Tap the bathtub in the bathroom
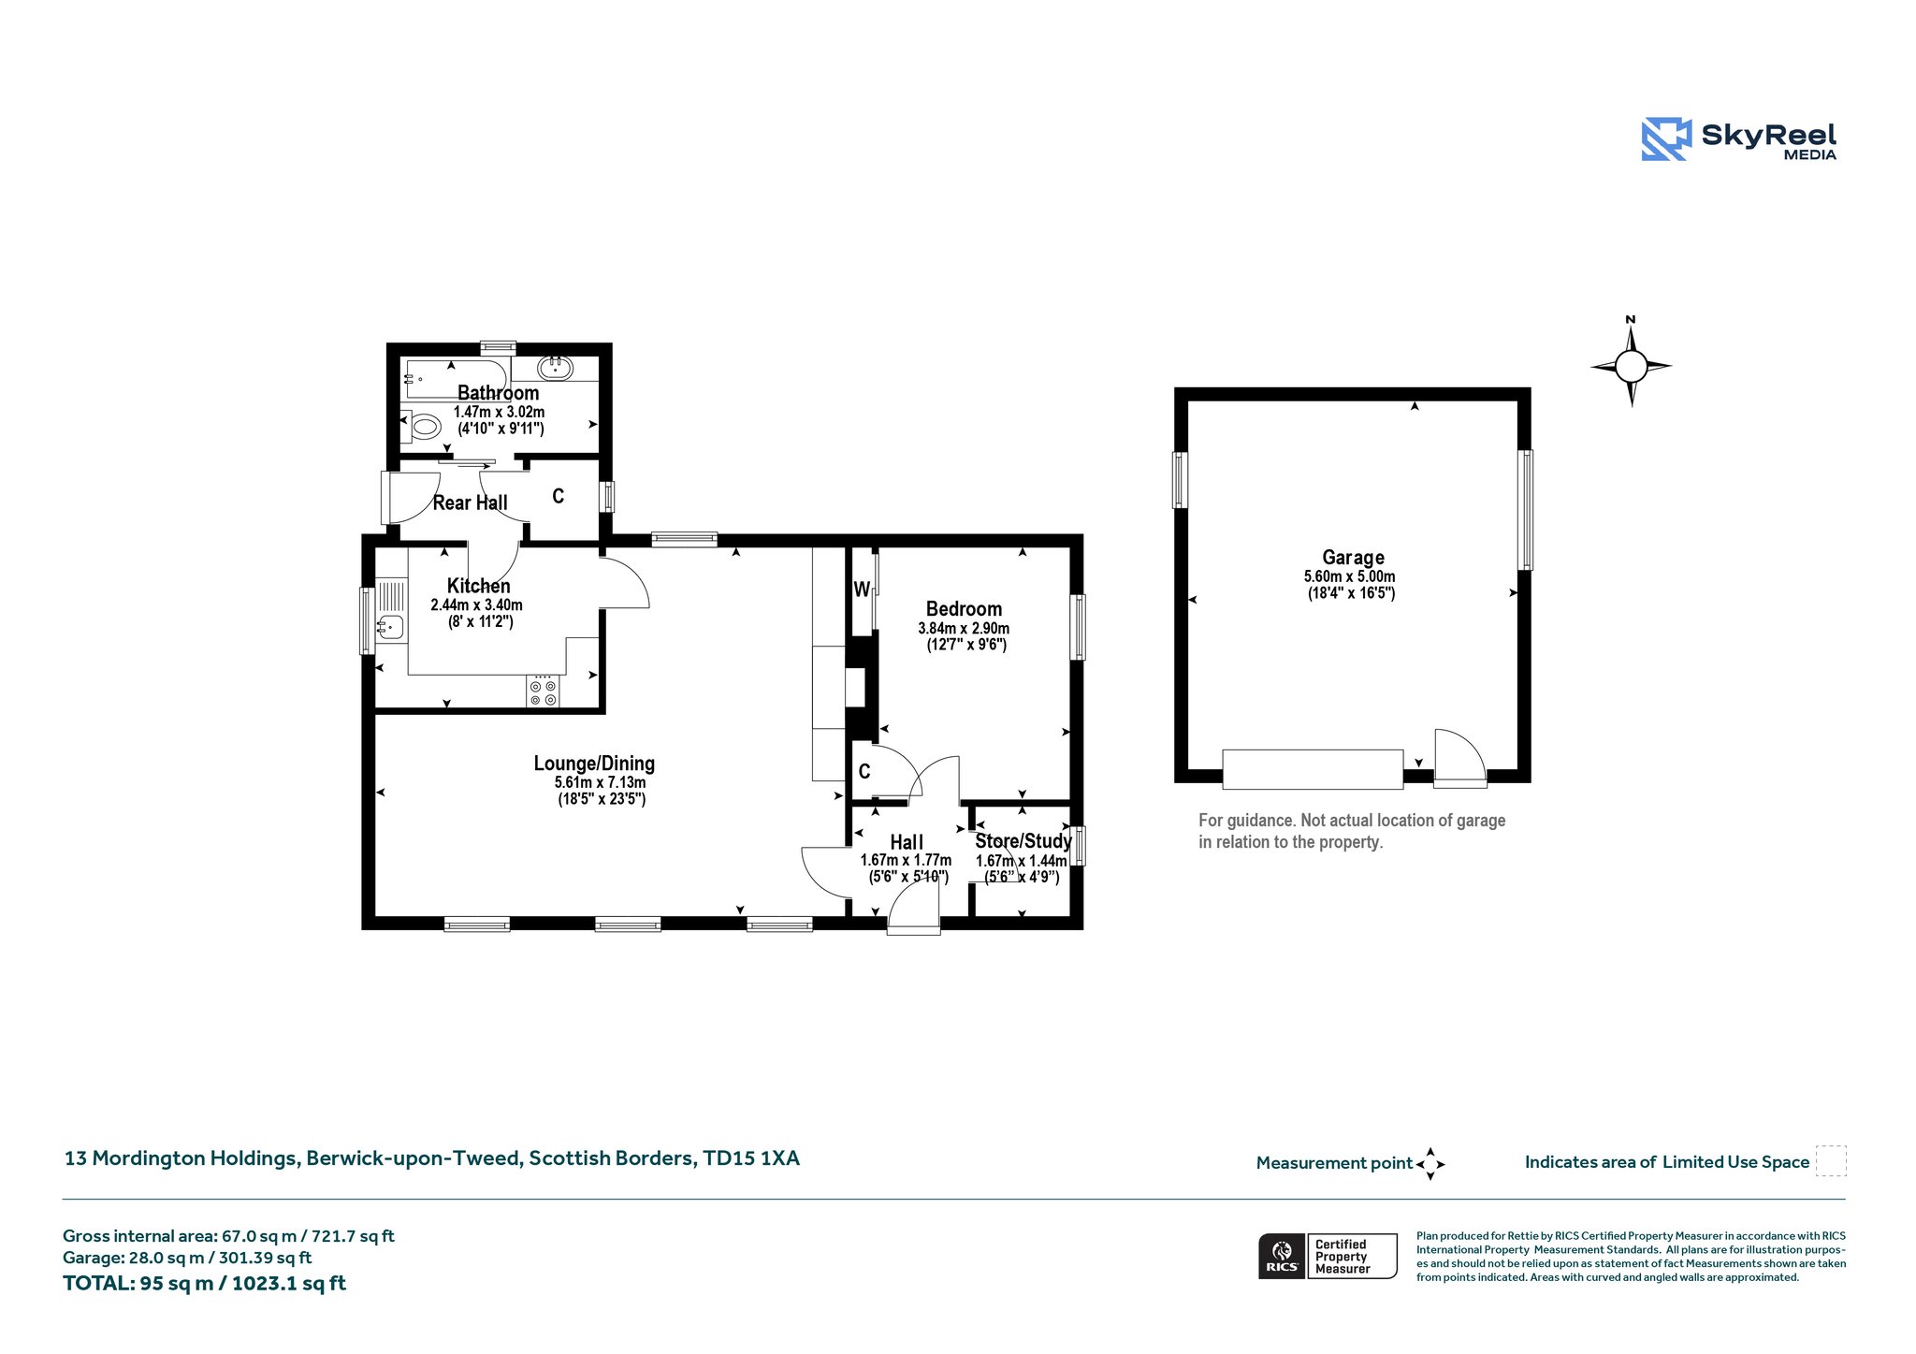click(x=456, y=381)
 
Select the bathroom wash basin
click(x=555, y=368)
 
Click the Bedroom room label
click(x=964, y=609)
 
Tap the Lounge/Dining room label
click(x=594, y=764)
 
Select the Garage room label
click(x=1353, y=558)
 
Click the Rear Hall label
click(x=470, y=502)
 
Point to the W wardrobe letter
click(x=862, y=590)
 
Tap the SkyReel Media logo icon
click(x=1666, y=139)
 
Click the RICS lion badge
click(x=1282, y=1256)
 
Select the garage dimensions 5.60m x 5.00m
click(x=1350, y=576)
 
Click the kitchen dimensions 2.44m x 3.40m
click(x=476, y=605)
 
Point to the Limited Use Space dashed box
click(x=1831, y=1160)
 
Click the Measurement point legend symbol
click(x=1430, y=1164)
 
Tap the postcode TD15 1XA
click(x=751, y=1158)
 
